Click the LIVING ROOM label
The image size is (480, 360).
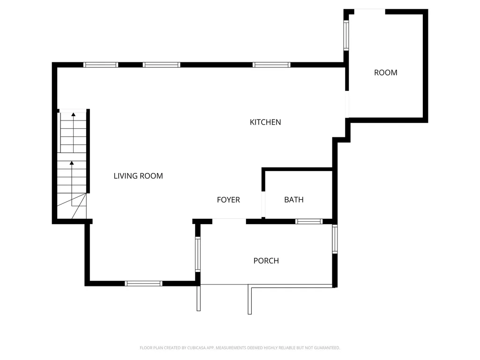[138, 176]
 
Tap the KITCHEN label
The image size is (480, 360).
[265, 122]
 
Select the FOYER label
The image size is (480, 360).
[228, 200]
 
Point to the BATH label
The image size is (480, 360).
[294, 200]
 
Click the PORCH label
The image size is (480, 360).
[266, 261]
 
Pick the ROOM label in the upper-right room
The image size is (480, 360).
[386, 73]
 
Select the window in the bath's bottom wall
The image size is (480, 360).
[309, 221]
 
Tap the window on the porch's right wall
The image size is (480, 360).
[335, 240]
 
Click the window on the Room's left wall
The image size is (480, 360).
[346, 35]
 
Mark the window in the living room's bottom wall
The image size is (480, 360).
[143, 284]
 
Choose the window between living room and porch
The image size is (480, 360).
[198, 254]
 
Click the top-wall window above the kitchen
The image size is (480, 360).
[271, 65]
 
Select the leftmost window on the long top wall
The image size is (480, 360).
[101, 65]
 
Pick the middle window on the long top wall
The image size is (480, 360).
[161, 65]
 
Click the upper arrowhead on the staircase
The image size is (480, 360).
[74, 114]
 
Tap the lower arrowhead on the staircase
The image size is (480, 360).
[72, 163]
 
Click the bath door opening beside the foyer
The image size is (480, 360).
[263, 204]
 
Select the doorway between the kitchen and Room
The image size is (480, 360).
[347, 105]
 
